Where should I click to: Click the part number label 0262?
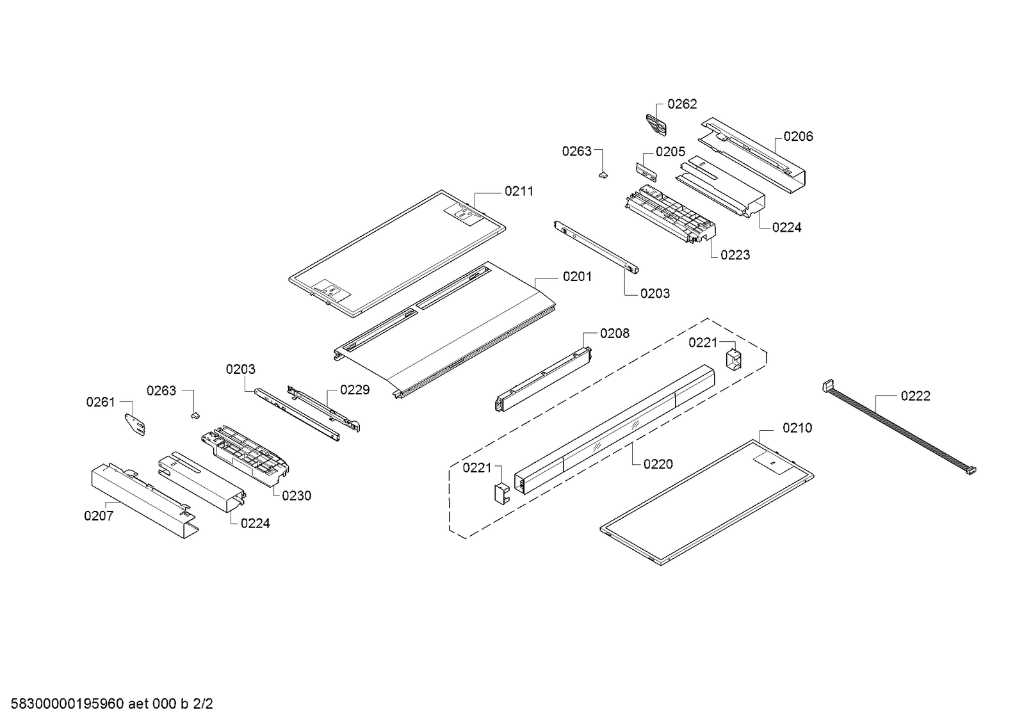682,104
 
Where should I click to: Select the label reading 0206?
798,136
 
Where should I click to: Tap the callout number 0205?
670,152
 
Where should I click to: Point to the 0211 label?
519,191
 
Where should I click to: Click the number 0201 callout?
577,277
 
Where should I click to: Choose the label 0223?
735,255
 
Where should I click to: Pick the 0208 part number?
614,333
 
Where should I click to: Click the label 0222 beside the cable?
915,396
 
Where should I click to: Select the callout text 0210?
797,428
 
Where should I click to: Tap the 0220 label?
658,464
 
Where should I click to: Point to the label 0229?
354,390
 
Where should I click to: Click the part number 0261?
101,402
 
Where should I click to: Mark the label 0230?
296,495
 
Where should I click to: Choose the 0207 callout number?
99,515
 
